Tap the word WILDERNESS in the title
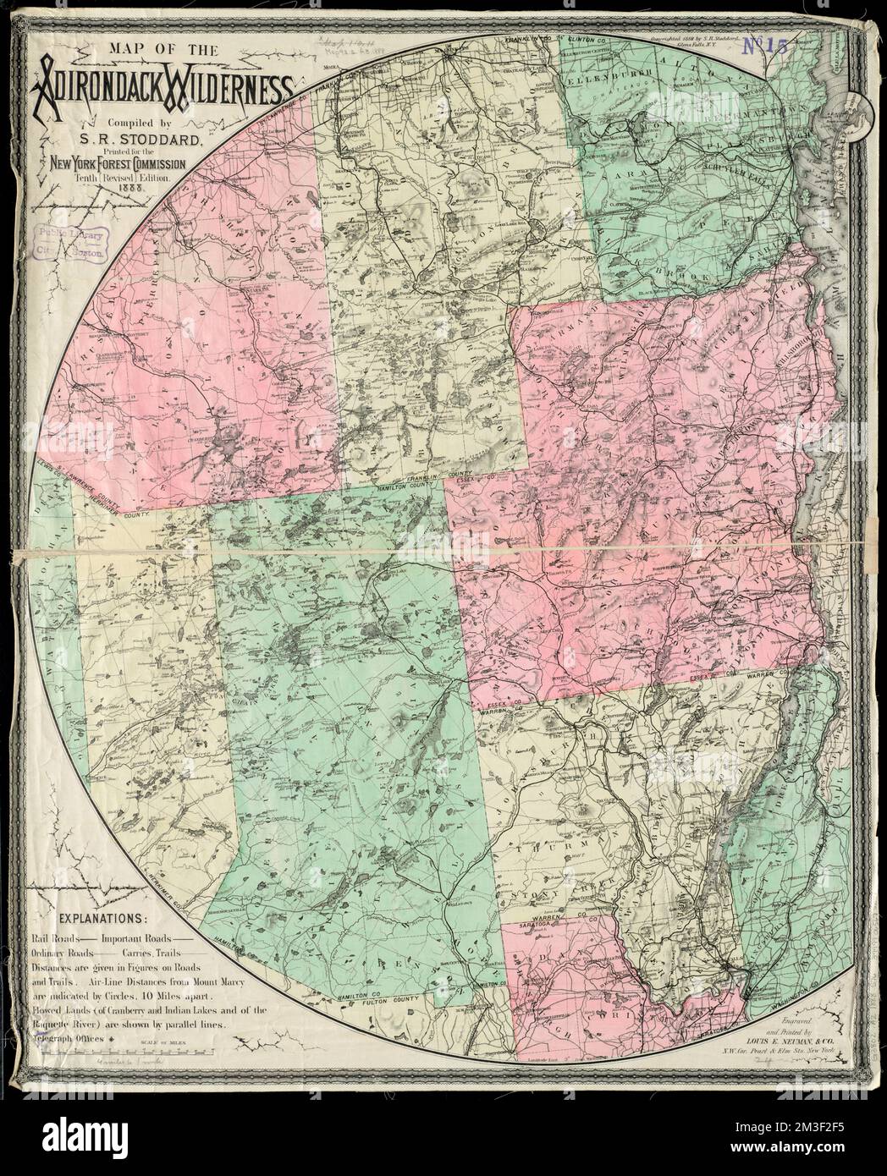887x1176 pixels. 229,87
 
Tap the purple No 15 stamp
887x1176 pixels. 765,48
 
